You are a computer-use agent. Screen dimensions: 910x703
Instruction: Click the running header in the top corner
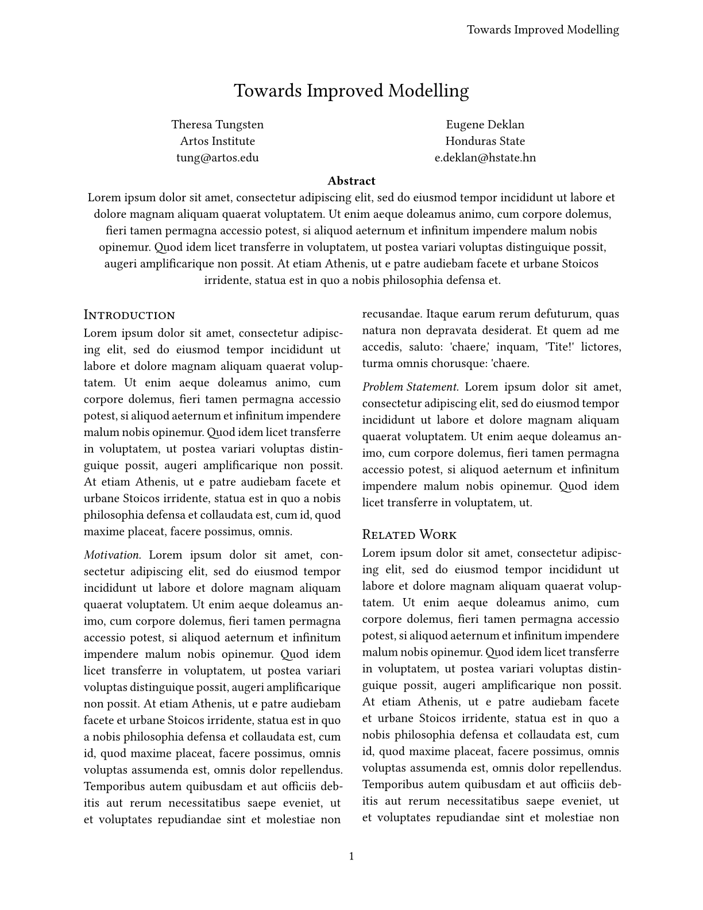pos(543,30)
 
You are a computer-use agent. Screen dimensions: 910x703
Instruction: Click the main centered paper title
pos(351,91)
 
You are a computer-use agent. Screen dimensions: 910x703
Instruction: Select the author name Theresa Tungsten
pos(217,125)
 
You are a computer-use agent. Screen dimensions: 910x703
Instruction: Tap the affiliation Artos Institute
pos(217,141)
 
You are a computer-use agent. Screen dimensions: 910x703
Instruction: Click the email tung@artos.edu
pos(217,158)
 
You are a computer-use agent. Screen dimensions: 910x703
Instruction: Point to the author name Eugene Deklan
pos(485,125)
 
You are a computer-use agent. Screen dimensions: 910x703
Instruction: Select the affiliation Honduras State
pos(485,141)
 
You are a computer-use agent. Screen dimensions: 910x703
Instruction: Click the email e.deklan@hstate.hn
pos(485,158)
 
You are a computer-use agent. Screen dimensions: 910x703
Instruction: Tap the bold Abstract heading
pos(351,181)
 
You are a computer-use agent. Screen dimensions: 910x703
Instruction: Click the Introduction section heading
pos(129,315)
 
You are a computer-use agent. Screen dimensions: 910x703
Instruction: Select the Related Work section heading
pos(409,535)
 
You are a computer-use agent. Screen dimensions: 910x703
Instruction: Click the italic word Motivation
pos(113,555)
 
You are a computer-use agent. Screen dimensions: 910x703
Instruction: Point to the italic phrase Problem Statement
pos(411,387)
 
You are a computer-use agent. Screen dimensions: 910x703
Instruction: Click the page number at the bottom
pos(351,857)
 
